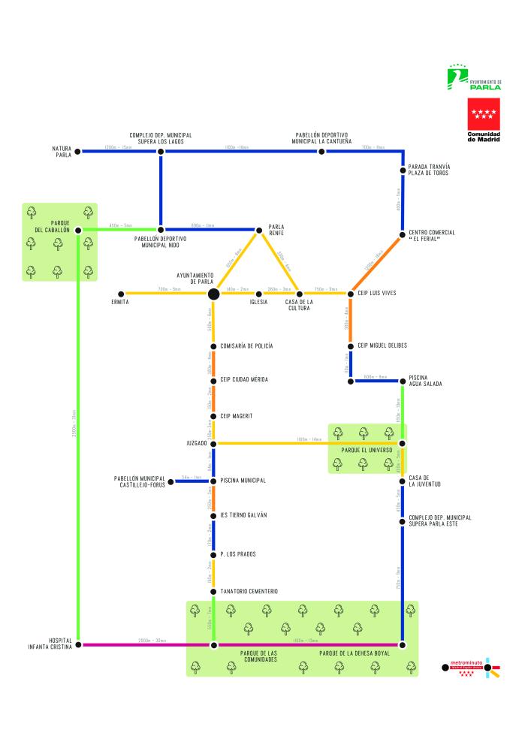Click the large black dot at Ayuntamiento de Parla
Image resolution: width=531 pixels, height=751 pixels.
[213, 293]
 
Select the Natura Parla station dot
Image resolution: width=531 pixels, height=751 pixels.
[77, 152]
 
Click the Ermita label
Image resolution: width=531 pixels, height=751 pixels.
[120, 303]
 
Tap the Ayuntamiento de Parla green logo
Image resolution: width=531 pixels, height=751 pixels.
[474, 78]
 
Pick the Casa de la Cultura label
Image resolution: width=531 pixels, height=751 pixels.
[300, 306]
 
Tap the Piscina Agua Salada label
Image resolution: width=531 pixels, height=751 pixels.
[425, 381]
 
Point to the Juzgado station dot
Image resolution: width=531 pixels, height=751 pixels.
[213, 443]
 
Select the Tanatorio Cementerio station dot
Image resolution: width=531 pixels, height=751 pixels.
[213, 592]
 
